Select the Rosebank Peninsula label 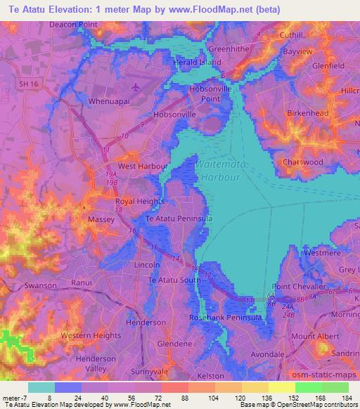(x=226, y=318)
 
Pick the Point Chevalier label (x=300, y=287)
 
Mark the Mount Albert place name (x=314, y=337)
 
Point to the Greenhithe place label (x=227, y=50)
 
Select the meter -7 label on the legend (x=15, y=397)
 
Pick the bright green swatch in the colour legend (x=308, y=387)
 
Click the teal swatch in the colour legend (x=41, y=387)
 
